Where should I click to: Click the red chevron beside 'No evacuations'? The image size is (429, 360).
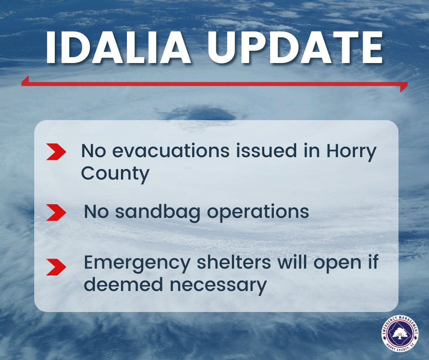coord(57,152)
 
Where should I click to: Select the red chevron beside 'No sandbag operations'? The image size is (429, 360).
coord(57,212)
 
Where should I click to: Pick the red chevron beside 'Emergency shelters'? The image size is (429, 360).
coord(57,267)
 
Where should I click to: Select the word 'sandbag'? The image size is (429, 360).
coord(157,212)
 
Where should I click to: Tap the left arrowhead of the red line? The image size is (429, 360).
coord(25,81)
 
